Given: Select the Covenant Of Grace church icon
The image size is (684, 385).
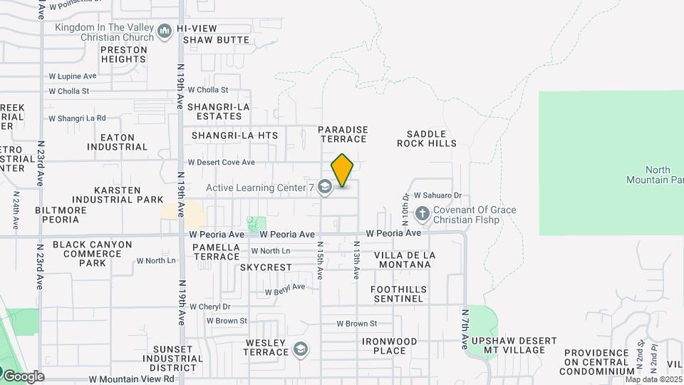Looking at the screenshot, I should [x=422, y=214].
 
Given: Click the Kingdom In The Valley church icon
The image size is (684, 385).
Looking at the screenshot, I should [x=165, y=31].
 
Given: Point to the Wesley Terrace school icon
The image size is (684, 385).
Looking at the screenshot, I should [x=301, y=349].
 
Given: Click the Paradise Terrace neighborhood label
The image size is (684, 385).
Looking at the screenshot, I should [x=343, y=135].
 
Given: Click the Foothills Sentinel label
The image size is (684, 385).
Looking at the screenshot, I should [x=398, y=294].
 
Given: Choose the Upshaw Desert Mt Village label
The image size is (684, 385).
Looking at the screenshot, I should [x=509, y=346].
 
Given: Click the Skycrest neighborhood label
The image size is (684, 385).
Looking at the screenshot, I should [x=266, y=267].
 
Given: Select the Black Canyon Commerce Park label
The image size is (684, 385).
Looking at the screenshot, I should [x=93, y=253].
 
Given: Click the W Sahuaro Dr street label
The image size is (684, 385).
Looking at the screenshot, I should [x=437, y=195].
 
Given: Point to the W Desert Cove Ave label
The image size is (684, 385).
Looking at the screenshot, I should [x=221, y=163].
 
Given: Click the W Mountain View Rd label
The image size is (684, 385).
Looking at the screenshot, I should [x=131, y=379].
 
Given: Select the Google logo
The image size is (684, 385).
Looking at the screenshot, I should [x=23, y=376].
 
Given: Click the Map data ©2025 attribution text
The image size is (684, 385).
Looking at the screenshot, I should [x=653, y=379].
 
